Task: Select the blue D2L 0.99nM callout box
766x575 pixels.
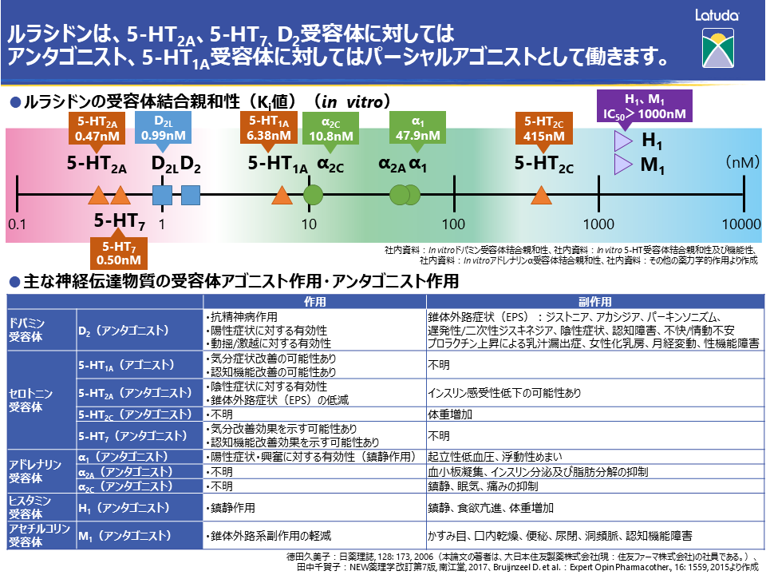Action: [x=164, y=128]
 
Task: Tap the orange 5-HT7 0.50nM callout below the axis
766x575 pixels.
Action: [x=119, y=252]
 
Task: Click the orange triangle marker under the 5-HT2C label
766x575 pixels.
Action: [x=541, y=194]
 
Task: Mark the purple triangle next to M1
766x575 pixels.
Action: [x=622, y=165]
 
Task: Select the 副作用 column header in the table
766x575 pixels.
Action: [x=594, y=303]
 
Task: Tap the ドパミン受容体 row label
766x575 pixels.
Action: [x=27, y=330]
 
